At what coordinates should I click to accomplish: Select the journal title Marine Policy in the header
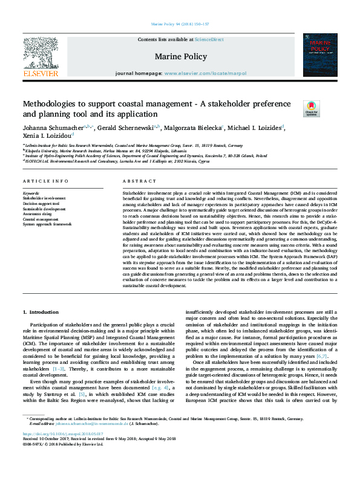click(180, 57)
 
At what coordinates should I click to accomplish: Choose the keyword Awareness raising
click(38, 213)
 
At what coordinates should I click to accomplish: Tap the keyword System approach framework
click(47, 224)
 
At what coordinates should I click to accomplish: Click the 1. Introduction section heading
click(41, 311)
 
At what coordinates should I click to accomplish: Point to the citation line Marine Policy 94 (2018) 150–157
click(180, 24)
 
